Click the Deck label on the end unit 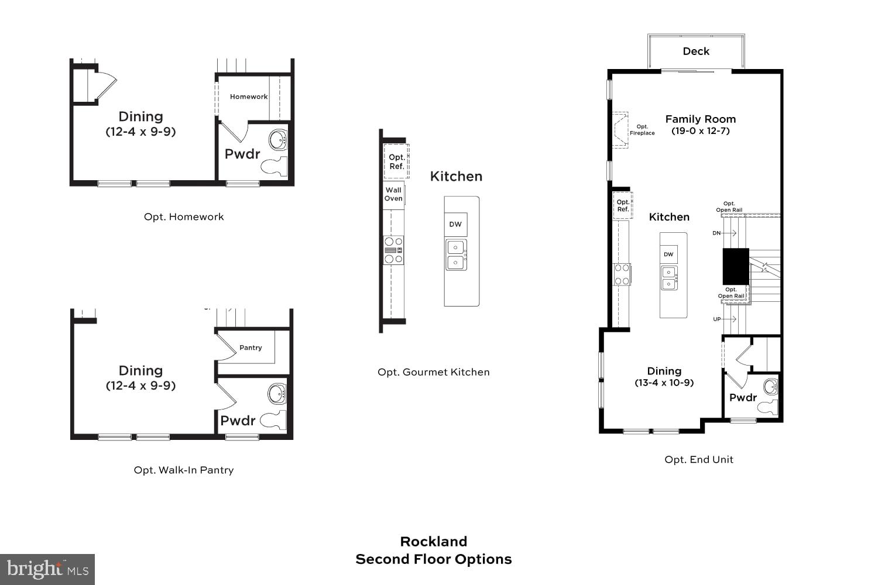696,51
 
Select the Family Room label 700,119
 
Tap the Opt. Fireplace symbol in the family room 620,130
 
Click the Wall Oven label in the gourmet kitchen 393,194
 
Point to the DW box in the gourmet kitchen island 455,224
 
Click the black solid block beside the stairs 736,266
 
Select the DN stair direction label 716,233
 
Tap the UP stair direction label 716,319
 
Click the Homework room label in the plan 249,97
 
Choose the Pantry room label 251,347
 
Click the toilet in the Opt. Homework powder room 274,166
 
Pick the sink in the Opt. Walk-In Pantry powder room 277,394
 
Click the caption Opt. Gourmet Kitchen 433,372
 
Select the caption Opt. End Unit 698,460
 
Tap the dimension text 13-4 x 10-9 664,383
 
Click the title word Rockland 433,542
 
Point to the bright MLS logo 47,569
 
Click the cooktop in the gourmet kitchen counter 393,250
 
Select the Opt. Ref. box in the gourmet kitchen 396,161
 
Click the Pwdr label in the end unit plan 743,398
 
